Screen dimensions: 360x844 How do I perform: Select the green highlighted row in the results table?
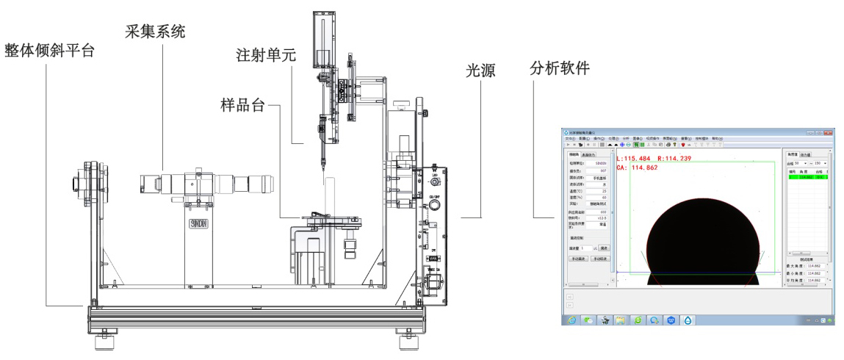[806, 177]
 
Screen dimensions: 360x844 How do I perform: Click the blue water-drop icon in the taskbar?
[687, 321]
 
